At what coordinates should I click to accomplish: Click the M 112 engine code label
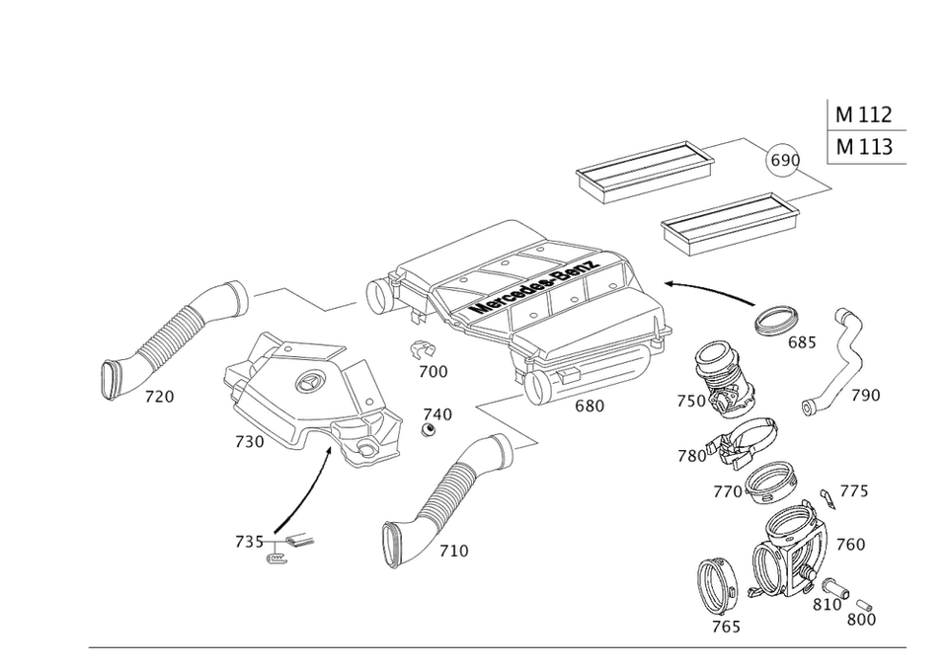click(864, 114)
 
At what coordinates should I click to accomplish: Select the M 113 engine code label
click(864, 148)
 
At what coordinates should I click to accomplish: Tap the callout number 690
click(784, 160)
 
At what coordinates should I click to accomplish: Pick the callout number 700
click(432, 372)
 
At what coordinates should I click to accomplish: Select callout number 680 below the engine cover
click(589, 406)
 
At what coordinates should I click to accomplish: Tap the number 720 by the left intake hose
click(158, 398)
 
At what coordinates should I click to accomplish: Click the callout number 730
click(248, 442)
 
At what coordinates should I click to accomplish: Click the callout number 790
click(865, 396)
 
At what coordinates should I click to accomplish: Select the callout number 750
click(690, 402)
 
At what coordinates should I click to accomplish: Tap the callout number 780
click(691, 456)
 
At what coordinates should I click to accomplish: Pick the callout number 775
click(852, 491)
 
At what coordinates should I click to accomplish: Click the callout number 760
click(850, 544)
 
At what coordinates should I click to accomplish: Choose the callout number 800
click(860, 620)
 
